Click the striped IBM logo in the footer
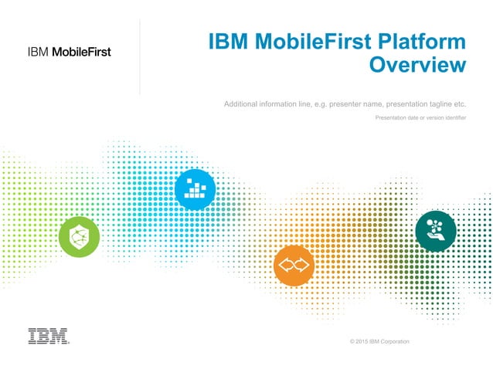point(48,336)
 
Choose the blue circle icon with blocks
point(195,188)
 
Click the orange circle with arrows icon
point(294,266)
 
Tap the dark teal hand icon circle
point(435,229)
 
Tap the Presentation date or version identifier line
point(420,117)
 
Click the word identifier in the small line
point(452,117)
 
